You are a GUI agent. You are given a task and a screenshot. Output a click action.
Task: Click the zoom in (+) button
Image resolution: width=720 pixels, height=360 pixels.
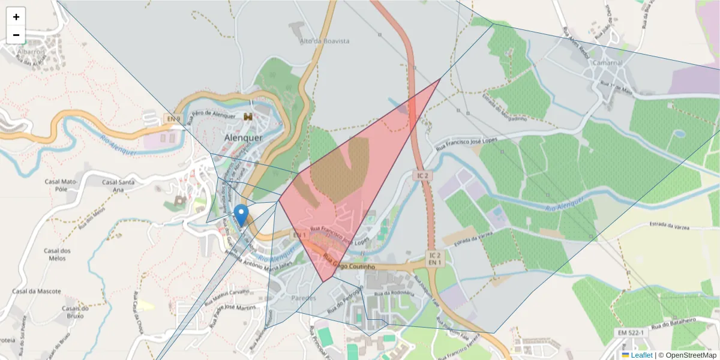tap(16, 17)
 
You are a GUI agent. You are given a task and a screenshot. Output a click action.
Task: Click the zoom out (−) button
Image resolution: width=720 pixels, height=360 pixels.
tap(16, 35)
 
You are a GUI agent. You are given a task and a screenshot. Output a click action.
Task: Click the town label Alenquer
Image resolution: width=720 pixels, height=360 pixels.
tap(243, 137)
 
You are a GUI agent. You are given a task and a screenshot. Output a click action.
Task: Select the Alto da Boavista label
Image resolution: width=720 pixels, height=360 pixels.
tap(324, 41)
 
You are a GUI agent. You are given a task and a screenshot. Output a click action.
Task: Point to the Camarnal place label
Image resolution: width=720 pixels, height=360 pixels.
tap(607, 62)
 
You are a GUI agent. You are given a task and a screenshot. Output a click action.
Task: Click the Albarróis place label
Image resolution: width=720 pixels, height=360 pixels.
tap(31, 52)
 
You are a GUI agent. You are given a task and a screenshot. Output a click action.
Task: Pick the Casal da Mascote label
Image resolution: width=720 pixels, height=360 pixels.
tap(37, 291)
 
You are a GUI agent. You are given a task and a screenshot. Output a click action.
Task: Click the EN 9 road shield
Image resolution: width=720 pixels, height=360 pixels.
tap(173, 119)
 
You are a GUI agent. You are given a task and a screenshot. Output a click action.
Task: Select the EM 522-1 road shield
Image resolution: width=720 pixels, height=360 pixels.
tap(629, 332)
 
